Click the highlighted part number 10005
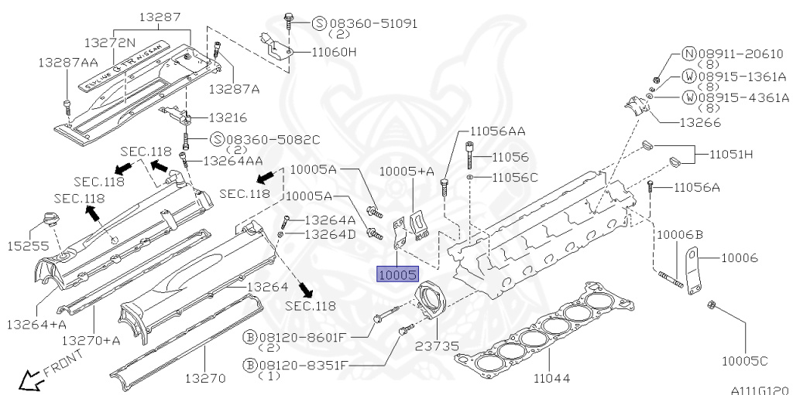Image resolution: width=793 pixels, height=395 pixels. tap(398, 274)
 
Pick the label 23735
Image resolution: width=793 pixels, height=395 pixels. tap(437, 346)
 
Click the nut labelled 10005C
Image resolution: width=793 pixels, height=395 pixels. tap(711, 305)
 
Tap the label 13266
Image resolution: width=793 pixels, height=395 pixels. tap(700, 122)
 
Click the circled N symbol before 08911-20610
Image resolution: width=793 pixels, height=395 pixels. tap(688, 54)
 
